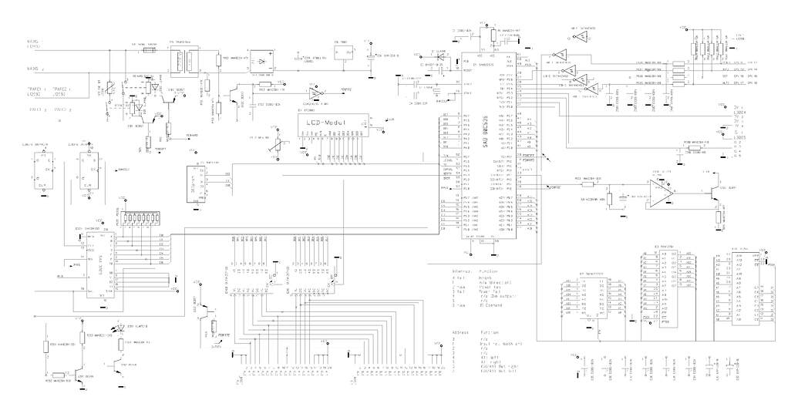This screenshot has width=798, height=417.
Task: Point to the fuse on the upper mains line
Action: (150, 49)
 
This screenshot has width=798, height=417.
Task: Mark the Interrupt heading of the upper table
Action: (464, 272)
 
